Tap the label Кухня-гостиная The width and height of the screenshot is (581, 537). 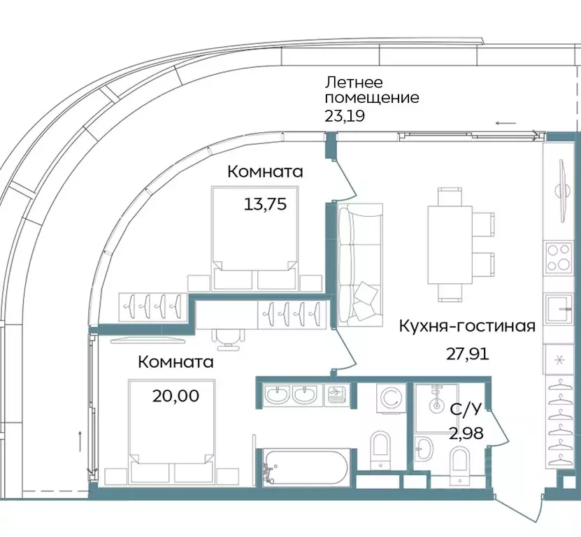click(x=467, y=326)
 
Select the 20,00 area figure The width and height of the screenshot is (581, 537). click(x=175, y=396)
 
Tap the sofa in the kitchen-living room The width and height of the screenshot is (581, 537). click(x=360, y=265)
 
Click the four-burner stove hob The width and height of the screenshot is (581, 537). click(x=559, y=258)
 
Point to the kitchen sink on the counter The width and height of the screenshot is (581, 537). click(x=559, y=307)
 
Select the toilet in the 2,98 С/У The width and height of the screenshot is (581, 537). click(x=460, y=462)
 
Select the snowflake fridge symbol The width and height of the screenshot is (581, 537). click(x=559, y=360)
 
